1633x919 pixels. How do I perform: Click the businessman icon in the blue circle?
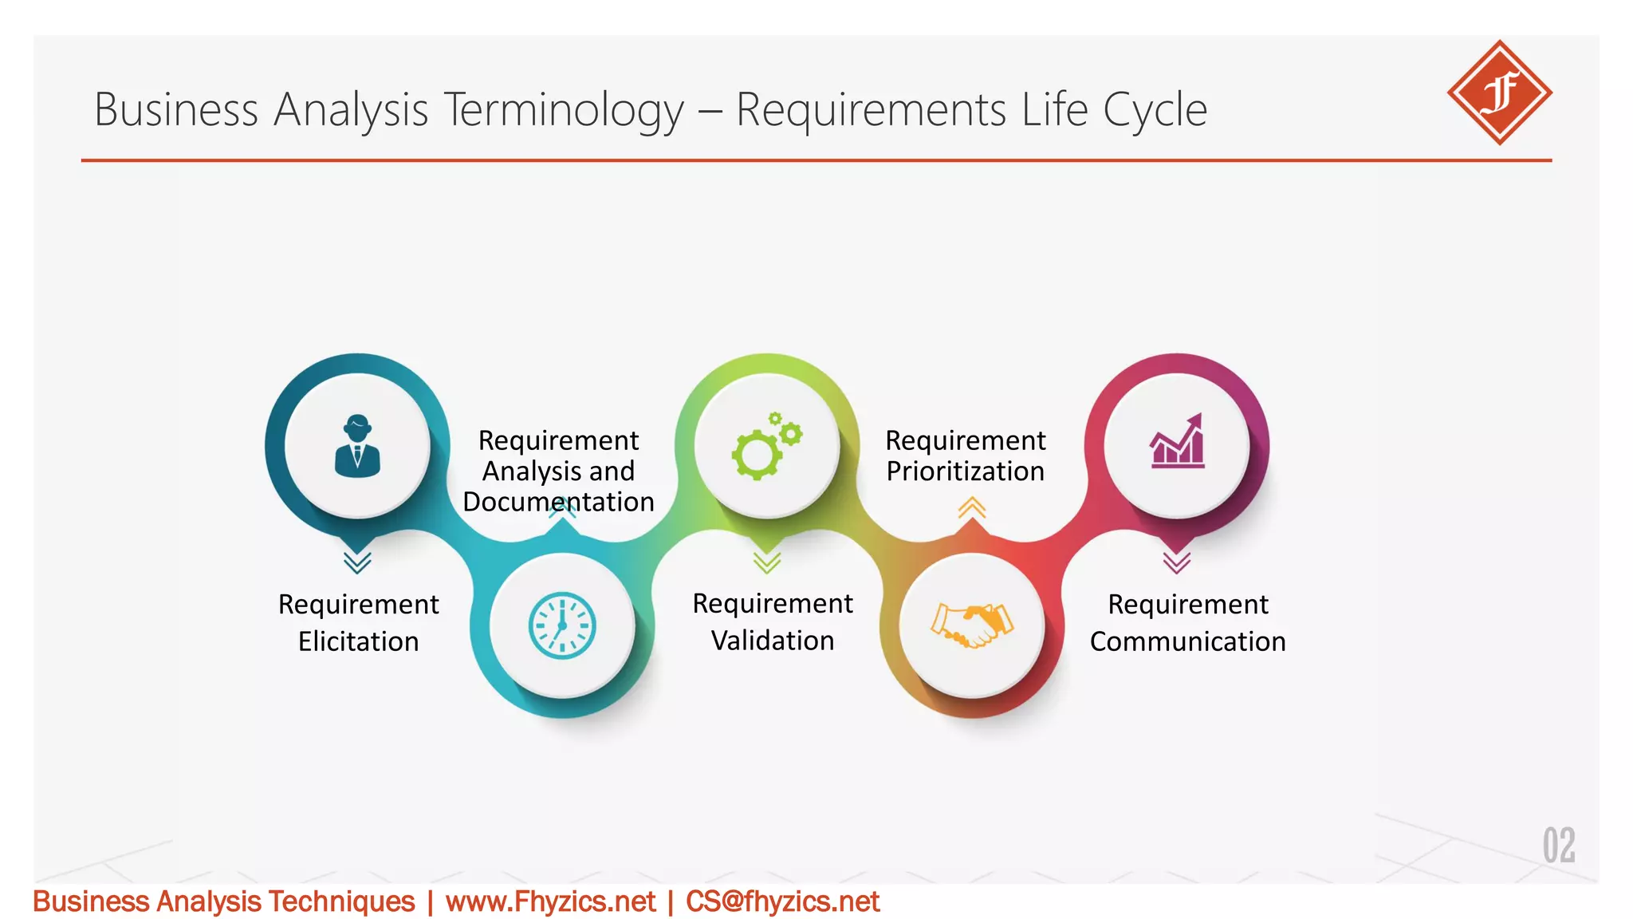(357, 446)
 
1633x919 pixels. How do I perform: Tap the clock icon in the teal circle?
(562, 625)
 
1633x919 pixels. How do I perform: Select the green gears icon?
(766, 446)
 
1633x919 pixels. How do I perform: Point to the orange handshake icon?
(971, 625)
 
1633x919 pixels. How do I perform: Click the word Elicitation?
(358, 641)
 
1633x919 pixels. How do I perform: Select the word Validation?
(772, 641)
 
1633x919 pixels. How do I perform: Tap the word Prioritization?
(965, 471)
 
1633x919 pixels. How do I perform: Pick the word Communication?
(1187, 641)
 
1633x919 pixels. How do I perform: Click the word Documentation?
(558, 502)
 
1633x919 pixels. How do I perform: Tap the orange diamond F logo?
(1499, 93)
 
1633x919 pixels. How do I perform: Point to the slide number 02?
(1558, 846)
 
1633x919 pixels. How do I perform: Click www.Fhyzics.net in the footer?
(550, 901)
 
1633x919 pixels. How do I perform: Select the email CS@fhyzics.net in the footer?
(782, 901)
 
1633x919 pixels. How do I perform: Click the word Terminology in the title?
(564, 109)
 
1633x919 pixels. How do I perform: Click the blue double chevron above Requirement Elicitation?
(357, 562)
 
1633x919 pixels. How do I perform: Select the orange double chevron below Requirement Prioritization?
(971, 507)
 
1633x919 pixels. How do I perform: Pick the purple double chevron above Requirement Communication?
(1176, 562)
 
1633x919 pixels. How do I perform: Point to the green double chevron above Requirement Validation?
(766, 562)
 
